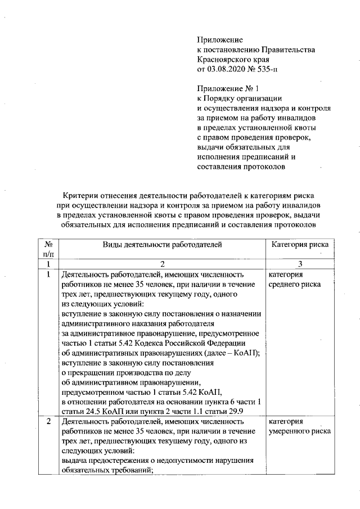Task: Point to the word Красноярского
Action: pos(223,60)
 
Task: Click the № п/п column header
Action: pos(49,249)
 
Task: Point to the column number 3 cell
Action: pos(300,264)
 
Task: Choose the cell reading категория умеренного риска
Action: pos(300,426)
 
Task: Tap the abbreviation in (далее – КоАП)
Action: pos(241,353)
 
